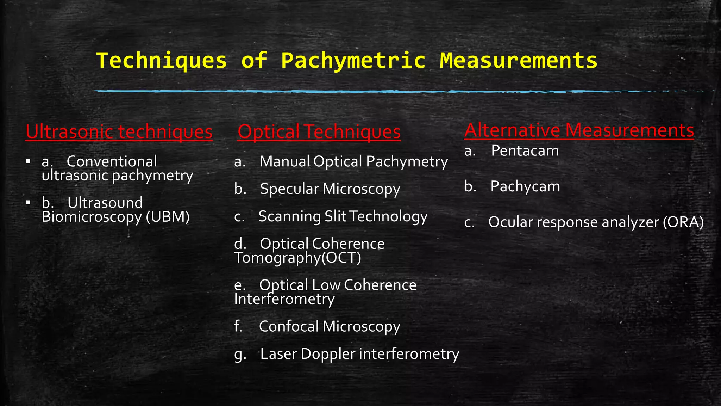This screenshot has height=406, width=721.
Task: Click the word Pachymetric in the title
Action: [x=353, y=61]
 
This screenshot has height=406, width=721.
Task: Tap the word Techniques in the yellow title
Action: [x=162, y=61]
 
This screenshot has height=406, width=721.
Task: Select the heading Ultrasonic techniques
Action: [x=119, y=132]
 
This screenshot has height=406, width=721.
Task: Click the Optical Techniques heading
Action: [x=319, y=132]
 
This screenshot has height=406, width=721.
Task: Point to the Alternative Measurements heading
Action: [x=579, y=130]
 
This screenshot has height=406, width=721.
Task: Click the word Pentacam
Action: [x=525, y=151]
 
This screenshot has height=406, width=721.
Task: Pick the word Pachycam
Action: [x=525, y=187]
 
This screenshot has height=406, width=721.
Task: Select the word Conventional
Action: [x=112, y=161]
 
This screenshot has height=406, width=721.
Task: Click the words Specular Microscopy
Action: [x=330, y=189]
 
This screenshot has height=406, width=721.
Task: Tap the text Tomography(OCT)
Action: [x=297, y=258]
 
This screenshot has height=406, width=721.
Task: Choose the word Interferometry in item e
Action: [x=284, y=299]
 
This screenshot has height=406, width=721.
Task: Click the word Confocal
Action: [x=289, y=326]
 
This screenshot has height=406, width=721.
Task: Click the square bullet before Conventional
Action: [x=28, y=162]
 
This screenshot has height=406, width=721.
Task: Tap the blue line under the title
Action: [x=352, y=92]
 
